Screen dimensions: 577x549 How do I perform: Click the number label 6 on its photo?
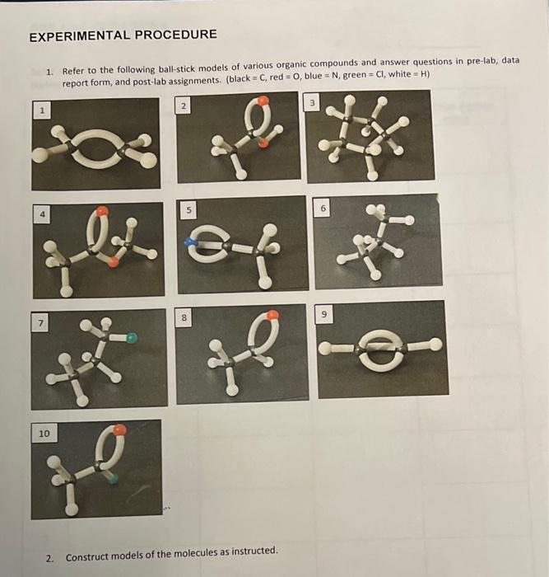click(323, 209)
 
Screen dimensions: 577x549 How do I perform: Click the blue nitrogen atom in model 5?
click(191, 243)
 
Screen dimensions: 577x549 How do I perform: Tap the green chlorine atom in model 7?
click(132, 337)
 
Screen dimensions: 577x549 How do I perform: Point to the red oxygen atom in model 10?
click(119, 429)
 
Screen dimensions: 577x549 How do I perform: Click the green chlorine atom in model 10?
click(113, 476)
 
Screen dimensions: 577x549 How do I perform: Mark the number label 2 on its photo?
click(184, 106)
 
